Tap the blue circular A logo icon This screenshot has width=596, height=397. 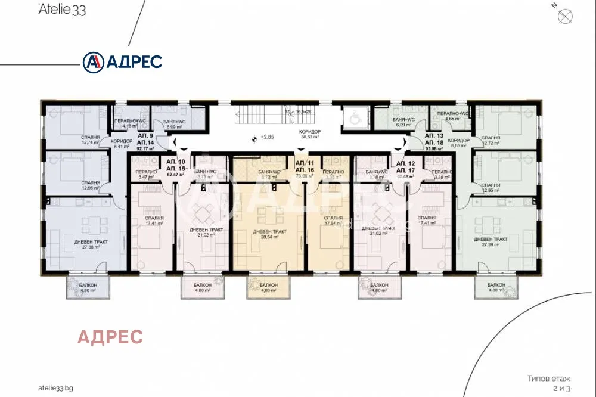pos(92,61)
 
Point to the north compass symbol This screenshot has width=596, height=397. pos(564,15)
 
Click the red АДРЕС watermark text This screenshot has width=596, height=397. pos(110,337)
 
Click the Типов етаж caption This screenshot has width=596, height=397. pos(548,378)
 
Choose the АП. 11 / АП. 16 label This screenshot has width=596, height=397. pos(305,166)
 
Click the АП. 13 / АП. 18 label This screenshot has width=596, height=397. pos(434,139)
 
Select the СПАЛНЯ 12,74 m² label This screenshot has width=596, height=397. pos(91,140)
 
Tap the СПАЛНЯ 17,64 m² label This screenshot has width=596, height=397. pos(333,221)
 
